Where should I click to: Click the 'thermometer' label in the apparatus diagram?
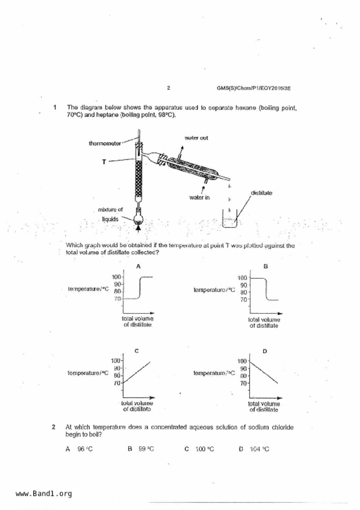pyautogui.click(x=105, y=143)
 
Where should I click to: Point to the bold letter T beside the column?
pyautogui.click(x=104, y=162)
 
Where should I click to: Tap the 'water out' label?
pyautogui.click(x=196, y=138)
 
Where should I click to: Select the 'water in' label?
pyautogui.click(x=199, y=197)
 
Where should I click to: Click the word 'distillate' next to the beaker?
pyautogui.click(x=261, y=193)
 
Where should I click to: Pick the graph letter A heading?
pyautogui.click(x=138, y=266)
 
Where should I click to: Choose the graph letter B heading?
pyautogui.click(x=265, y=266)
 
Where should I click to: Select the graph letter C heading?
pyautogui.click(x=137, y=351)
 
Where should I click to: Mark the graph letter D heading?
pyautogui.click(x=265, y=351)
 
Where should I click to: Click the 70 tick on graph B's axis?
pyautogui.click(x=243, y=299)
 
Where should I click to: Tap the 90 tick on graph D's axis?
pyautogui.click(x=243, y=368)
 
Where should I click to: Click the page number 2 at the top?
pyautogui.click(x=169, y=88)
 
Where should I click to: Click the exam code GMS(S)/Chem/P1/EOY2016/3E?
pyautogui.click(x=253, y=88)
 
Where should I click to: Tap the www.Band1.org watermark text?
pyautogui.click(x=44, y=494)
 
